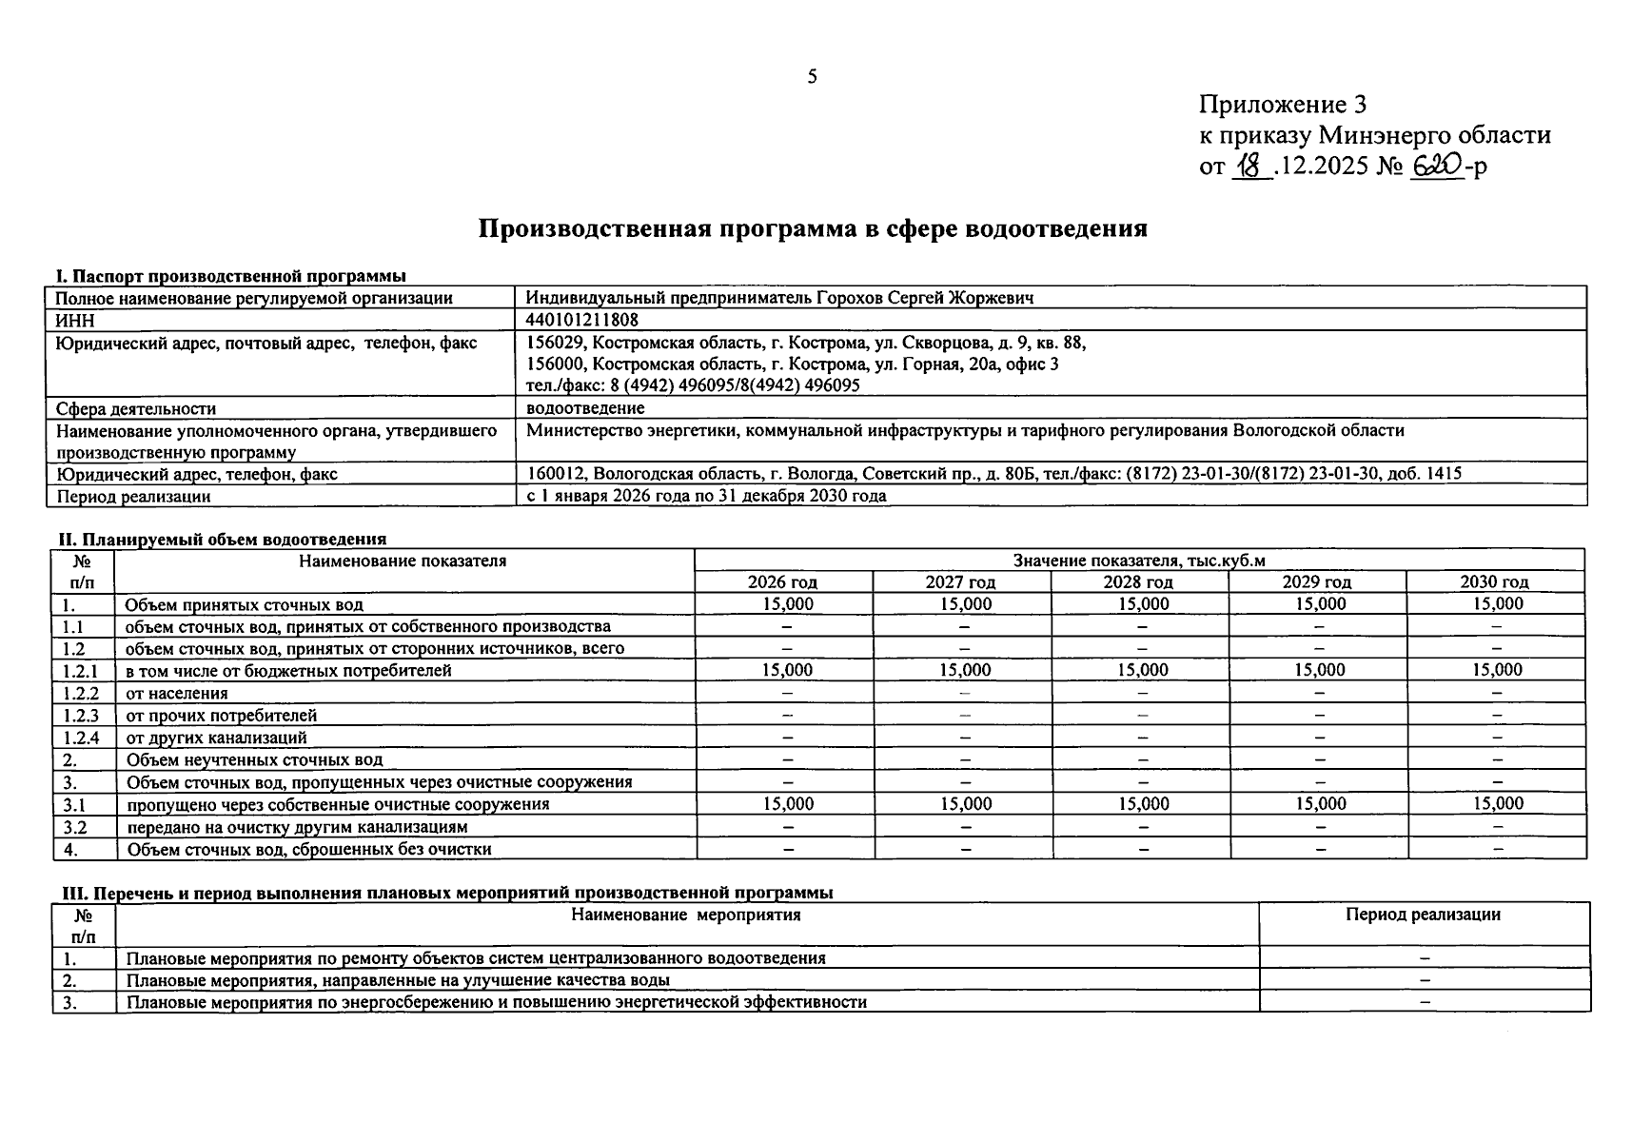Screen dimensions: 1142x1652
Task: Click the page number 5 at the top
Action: point(812,77)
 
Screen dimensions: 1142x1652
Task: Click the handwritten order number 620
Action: point(1436,166)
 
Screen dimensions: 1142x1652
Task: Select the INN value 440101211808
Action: point(581,320)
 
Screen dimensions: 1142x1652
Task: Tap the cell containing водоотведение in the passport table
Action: point(585,408)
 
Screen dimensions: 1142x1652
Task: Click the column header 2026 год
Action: point(782,581)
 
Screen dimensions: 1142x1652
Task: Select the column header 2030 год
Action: point(1494,581)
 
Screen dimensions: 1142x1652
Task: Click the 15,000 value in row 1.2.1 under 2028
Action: point(1142,670)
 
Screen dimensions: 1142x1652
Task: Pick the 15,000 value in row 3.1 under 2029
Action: point(1320,803)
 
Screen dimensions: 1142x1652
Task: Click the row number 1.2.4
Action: point(81,738)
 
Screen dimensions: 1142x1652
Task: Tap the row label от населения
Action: point(177,693)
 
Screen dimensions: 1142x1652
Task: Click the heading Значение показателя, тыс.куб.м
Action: point(1139,561)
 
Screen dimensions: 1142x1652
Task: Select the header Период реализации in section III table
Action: point(1423,915)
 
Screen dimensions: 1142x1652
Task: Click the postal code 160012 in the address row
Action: point(549,473)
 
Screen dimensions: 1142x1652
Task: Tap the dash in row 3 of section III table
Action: point(1425,1001)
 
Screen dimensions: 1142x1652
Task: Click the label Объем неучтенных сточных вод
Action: point(254,759)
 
